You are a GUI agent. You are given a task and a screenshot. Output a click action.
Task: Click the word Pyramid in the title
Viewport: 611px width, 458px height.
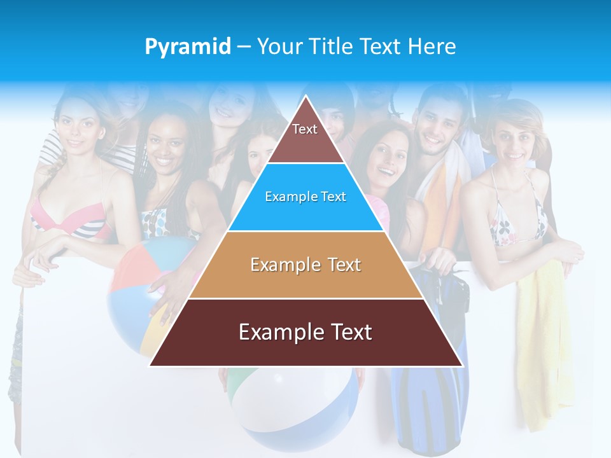[188, 46]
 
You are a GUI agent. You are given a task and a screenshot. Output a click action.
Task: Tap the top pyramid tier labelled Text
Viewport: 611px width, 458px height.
[305, 136]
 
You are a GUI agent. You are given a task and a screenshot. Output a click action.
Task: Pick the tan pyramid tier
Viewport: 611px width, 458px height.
[305, 265]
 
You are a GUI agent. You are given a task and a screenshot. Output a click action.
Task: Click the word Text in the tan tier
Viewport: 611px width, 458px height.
[337, 265]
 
